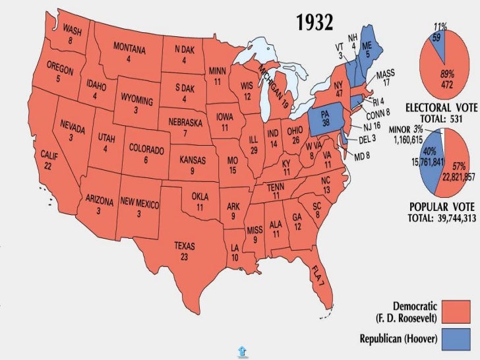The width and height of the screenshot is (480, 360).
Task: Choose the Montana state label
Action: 129,53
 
